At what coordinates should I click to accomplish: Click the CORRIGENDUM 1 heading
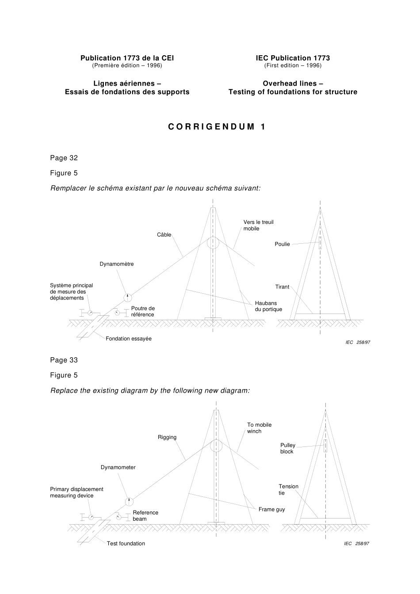point(217,127)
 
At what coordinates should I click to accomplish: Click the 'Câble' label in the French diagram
point(164,235)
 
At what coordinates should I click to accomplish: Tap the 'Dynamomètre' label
point(116,264)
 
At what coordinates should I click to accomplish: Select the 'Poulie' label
point(282,244)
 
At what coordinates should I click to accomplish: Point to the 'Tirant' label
point(282,287)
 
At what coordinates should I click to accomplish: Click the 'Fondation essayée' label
point(128,339)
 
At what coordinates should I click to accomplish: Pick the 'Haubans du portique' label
point(268,306)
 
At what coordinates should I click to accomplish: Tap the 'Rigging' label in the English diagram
point(167,437)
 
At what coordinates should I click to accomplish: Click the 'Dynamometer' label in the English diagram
point(118,467)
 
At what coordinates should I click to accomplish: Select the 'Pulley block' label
point(287,448)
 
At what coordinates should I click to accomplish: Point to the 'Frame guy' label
point(271,509)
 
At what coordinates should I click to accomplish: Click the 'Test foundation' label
point(126,544)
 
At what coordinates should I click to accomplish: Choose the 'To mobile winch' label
point(259,428)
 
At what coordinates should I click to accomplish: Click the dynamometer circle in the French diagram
point(127,297)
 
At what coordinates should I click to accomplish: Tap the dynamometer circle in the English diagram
point(129,501)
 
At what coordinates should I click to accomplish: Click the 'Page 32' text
point(64,158)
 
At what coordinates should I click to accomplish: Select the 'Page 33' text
point(64,360)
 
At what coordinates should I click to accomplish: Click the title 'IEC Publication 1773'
point(293,58)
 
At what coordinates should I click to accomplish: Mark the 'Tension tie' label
point(288,489)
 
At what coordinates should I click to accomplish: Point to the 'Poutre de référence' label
point(143,311)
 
